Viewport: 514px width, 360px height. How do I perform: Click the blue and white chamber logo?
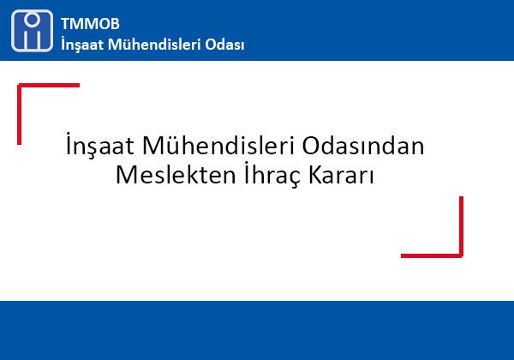[x=32, y=31]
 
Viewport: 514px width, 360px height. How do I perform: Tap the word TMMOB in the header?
[x=90, y=24]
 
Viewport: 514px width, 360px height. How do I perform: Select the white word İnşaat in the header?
[x=82, y=45]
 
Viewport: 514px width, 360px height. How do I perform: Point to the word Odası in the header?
[x=224, y=45]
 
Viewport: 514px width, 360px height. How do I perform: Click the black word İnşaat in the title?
[x=100, y=145]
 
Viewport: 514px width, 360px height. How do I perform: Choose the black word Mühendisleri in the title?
[x=218, y=145]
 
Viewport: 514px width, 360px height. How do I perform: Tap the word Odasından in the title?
[x=363, y=145]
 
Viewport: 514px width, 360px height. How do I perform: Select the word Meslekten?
[x=176, y=174]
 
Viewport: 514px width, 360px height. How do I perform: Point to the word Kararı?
[x=341, y=175]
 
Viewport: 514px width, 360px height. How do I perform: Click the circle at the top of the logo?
[x=33, y=20]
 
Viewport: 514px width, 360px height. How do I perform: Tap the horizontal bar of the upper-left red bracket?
[x=49, y=85]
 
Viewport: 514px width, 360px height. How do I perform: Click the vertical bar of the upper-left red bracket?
[x=20, y=114]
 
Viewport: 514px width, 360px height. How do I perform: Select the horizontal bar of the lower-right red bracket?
[x=432, y=255]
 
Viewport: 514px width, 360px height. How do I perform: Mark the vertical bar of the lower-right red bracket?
[x=461, y=227]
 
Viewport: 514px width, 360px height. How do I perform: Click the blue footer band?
[x=257, y=331]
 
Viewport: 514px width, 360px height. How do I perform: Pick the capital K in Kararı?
[x=316, y=175]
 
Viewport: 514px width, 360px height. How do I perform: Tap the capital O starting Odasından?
[x=312, y=146]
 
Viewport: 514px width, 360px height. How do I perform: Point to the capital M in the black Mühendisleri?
[x=154, y=145]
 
